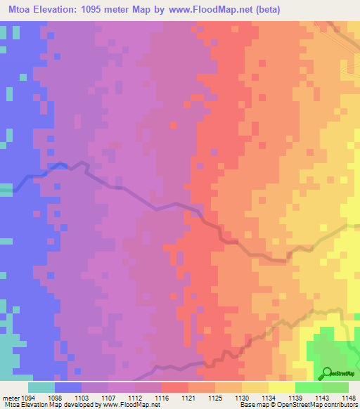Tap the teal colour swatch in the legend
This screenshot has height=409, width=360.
tap(41, 387)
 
